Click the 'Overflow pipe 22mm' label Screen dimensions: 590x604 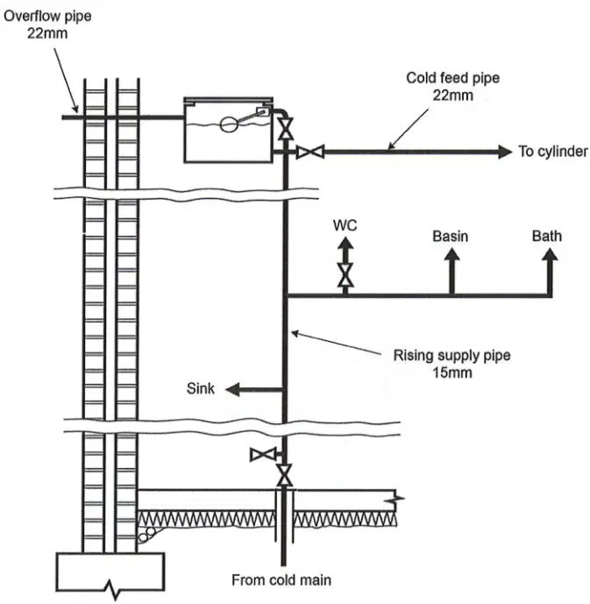click(47, 25)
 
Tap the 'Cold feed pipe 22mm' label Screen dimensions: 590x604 click(453, 86)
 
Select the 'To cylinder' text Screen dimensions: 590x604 click(553, 152)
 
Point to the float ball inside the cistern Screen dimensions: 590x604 click(229, 124)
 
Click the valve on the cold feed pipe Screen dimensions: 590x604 click(310, 152)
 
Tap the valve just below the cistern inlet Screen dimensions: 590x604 click(286, 128)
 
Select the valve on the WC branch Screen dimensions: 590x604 click(345, 274)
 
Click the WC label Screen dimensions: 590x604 click(345, 225)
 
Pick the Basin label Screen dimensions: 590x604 click(451, 236)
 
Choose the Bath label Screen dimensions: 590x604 click(547, 236)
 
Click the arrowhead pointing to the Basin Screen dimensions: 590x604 click(452, 254)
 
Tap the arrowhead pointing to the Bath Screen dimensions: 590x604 click(551, 254)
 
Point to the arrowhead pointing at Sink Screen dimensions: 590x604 click(232, 389)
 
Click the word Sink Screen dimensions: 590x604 click(201, 388)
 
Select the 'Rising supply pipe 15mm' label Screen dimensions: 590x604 click(451, 364)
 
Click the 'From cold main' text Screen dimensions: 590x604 click(281, 579)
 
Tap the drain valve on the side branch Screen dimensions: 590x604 click(263, 455)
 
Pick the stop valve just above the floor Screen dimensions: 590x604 click(285, 475)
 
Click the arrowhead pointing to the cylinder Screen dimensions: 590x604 click(505, 152)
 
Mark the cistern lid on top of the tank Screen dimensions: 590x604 click(229, 101)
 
